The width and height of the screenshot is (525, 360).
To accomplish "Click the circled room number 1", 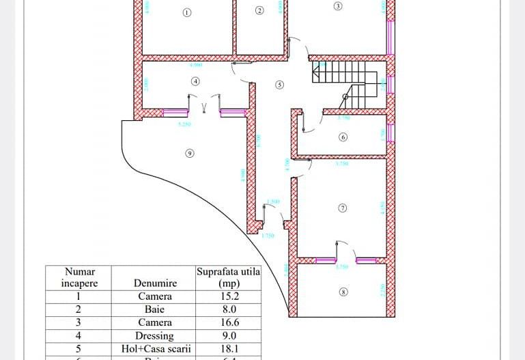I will pos(188,12).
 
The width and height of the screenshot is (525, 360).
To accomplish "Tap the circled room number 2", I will pos(259,10).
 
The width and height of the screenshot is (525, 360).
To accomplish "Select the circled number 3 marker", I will pos(338,6).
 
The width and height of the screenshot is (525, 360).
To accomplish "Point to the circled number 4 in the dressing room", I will pos(195,81).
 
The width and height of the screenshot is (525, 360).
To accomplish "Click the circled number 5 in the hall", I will pos(279,85).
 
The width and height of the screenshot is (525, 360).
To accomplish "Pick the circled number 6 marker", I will pos(343,137).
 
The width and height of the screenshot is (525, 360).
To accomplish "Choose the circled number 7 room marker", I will pos(343,207).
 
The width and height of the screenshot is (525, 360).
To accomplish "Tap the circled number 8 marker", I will pos(343,292).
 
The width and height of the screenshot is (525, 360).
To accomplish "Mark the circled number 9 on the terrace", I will pos(190,153).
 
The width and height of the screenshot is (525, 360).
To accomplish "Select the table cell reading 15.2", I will pos(228,296).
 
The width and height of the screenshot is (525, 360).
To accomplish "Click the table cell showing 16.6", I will pos(228,322).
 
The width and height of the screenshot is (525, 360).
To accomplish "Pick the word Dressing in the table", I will pos(155,336).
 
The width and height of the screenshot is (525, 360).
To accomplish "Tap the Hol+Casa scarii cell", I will pos(155,349).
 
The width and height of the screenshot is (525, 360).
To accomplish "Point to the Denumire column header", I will pos(155,283).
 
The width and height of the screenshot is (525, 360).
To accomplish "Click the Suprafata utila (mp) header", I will pos(228,277).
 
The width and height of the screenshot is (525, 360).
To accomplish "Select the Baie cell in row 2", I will pos(155,309).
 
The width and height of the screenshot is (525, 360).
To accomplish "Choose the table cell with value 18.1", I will pos(228,349).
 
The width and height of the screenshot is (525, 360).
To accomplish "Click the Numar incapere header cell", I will pos(79,277).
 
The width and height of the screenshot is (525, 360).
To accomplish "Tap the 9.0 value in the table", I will pos(228,336).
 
